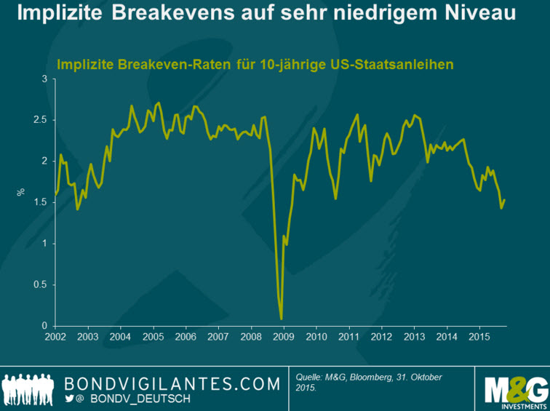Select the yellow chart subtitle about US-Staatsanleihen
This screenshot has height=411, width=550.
click(255, 64)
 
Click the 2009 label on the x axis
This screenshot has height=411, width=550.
click(283, 338)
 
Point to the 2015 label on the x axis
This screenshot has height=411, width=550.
click(478, 338)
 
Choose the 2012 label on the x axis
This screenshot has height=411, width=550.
click(380, 338)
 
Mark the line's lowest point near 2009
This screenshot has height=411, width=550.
click(281, 318)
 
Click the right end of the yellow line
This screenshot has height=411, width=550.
click(504, 200)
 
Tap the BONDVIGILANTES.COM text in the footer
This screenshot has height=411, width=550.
click(172, 383)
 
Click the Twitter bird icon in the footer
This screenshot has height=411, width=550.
click(70, 399)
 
